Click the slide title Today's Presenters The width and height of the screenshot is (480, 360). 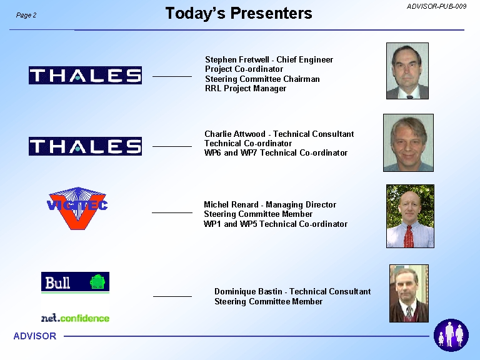pos(239,14)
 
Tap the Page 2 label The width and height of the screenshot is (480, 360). pos(26,15)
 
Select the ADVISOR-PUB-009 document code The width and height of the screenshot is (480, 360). pos(436,6)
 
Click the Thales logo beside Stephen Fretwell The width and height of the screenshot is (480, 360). pos(85,75)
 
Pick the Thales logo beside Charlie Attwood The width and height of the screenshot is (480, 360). pos(85,146)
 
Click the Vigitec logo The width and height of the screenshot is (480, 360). pos(77,208)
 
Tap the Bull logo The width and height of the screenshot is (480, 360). pos(75,282)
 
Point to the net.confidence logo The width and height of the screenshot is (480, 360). pos(75,318)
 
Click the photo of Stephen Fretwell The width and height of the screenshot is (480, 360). pos(407,71)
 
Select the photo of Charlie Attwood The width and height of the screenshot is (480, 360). pos(408,142)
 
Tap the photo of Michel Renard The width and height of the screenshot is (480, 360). pos(410,216)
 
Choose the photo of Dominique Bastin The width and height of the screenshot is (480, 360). pos(409,293)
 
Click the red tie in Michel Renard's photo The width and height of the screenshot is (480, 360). pos(408,236)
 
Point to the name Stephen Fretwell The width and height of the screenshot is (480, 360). pos(237,60)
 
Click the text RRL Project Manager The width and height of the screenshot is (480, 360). pos(246,89)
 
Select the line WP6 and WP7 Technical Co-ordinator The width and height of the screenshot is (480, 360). pos(276,152)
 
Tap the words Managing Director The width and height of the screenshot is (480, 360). pos(301,205)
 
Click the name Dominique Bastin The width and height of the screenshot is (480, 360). pos(248,291)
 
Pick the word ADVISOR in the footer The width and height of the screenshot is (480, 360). pos(35,336)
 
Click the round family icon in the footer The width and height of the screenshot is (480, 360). pos(451,335)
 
